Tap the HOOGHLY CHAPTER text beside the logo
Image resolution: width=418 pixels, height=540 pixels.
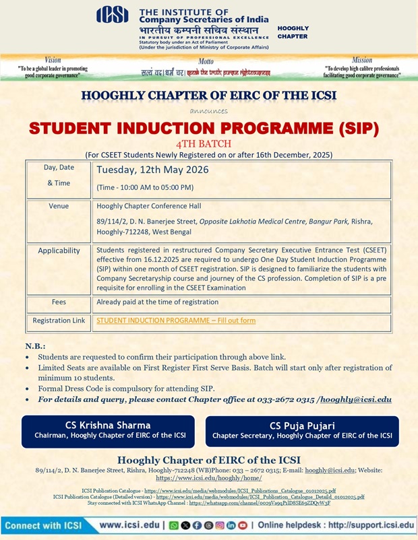point(293,32)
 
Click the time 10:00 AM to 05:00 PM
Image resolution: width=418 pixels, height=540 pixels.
point(145,187)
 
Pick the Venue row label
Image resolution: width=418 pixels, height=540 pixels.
point(59,206)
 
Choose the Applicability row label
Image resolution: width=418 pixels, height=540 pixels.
point(59,250)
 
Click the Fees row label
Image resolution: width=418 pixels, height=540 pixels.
point(59,302)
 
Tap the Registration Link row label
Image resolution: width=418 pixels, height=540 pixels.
point(59,321)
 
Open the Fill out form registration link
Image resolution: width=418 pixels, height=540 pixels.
point(176,320)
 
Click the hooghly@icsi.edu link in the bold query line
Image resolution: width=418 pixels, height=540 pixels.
point(355,399)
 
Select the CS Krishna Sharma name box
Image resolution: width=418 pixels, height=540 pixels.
point(108,430)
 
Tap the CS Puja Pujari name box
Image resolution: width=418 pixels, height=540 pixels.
point(302,430)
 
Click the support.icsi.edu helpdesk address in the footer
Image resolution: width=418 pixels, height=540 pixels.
point(371,525)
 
